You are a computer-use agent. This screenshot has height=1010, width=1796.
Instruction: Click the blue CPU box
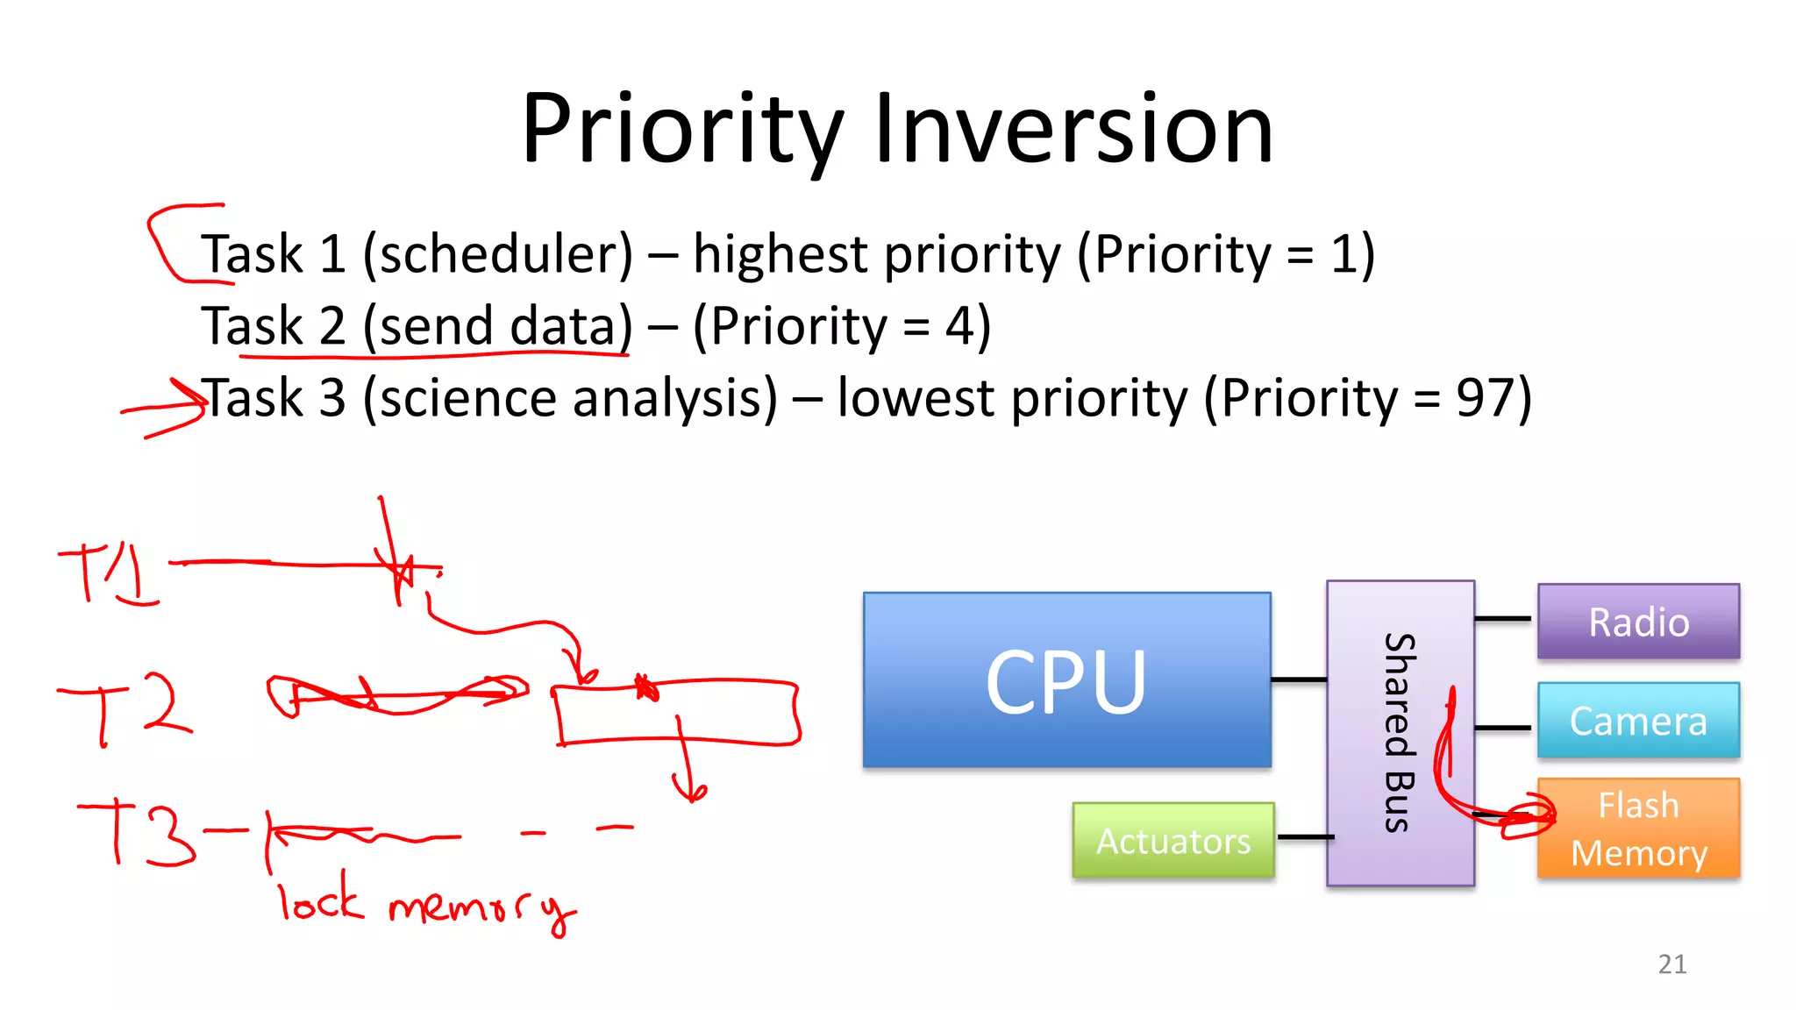tap(1066, 680)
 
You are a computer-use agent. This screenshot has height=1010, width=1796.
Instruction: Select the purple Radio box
tap(1638, 622)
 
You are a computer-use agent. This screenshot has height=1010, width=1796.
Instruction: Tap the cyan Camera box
tap(1638, 721)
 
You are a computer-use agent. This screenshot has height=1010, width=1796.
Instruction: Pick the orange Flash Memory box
tap(1638, 829)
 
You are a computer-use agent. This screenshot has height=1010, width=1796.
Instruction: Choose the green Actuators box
tap(1172, 841)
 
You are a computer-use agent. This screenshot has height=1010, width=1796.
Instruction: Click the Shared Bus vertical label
tap(1400, 732)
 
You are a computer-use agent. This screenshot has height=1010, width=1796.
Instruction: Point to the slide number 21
tap(1671, 964)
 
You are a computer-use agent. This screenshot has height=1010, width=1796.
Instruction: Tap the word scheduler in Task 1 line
tap(497, 254)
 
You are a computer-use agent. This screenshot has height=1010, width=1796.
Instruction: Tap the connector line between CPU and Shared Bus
tap(1299, 679)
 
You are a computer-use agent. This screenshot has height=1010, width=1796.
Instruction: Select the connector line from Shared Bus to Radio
tap(1503, 619)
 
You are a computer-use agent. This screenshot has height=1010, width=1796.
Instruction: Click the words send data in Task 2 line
tap(497, 326)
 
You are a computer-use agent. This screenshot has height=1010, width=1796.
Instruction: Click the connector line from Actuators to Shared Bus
tap(1305, 837)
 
